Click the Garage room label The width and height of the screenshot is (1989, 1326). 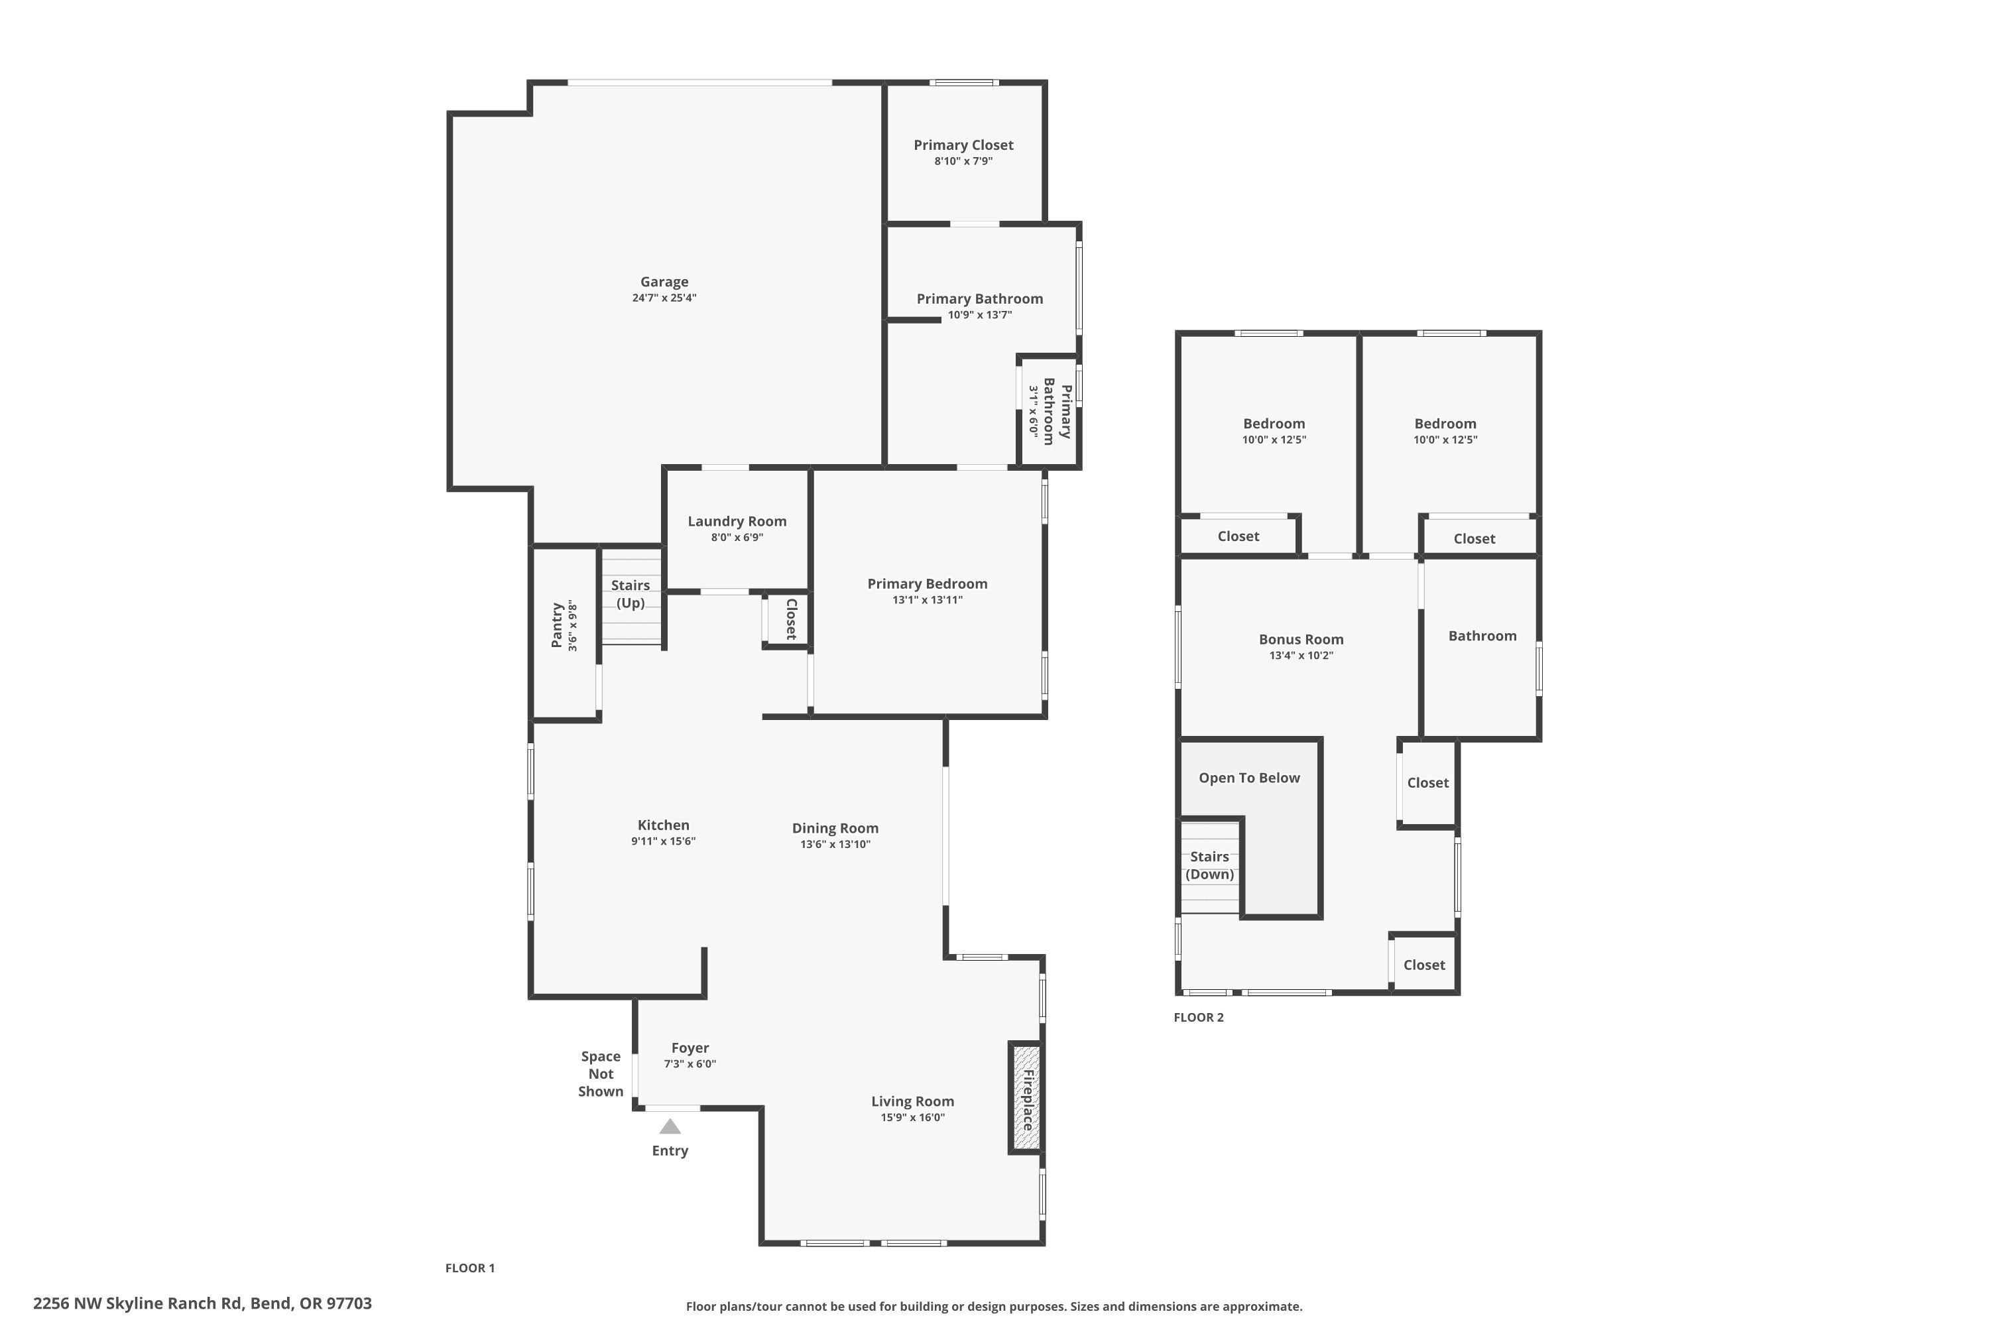[x=664, y=282]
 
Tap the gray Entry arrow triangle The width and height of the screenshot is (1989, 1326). [x=670, y=1126]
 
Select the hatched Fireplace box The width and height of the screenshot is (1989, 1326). [x=1026, y=1098]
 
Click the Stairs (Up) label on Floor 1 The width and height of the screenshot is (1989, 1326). [x=630, y=593]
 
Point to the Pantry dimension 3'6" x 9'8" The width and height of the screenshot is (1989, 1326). [x=573, y=626]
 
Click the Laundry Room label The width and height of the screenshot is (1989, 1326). [x=737, y=521]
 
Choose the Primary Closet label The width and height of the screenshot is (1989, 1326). [x=963, y=145]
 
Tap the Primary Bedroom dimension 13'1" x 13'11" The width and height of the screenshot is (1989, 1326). [x=927, y=599]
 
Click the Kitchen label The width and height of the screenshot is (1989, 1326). [x=663, y=825]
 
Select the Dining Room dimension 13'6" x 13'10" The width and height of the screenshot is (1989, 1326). [x=835, y=844]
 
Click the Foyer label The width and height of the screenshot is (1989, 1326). [x=690, y=1048]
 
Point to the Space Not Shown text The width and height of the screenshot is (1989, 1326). [x=601, y=1073]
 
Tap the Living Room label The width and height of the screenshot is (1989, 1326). [x=912, y=1101]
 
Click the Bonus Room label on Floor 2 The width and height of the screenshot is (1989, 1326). [x=1301, y=639]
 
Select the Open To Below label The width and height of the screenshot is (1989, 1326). [x=1249, y=778]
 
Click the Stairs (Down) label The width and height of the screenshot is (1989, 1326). [x=1209, y=865]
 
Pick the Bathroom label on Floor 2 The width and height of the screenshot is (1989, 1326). [x=1482, y=636]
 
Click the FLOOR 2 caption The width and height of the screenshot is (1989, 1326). [x=1198, y=1017]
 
